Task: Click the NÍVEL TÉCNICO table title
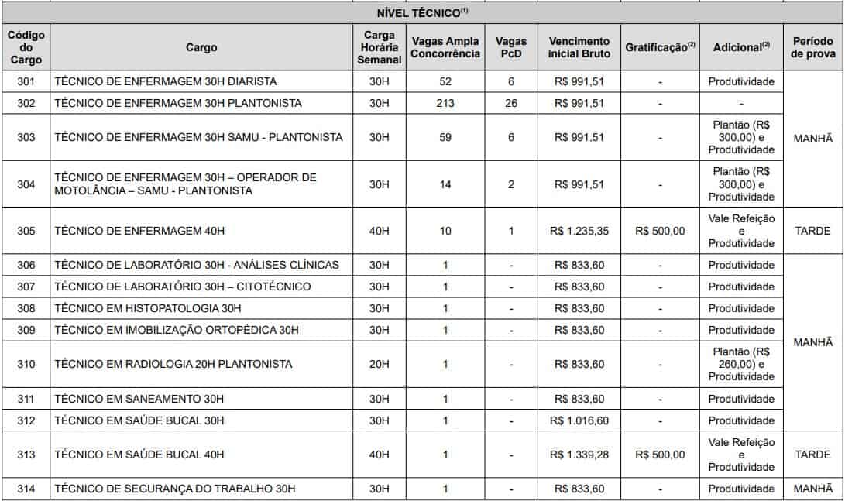[x=422, y=12]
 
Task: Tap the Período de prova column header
[x=813, y=47]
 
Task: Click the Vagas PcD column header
[x=511, y=47]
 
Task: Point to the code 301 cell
[x=26, y=81]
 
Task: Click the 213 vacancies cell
[x=445, y=103]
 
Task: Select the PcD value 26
[x=511, y=103]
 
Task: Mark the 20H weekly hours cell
[x=380, y=364]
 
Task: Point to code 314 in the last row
[x=26, y=489]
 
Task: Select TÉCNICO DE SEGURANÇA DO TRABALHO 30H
[x=175, y=489]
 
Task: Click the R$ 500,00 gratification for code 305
[x=660, y=231]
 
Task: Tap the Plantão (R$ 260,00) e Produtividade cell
[x=741, y=364]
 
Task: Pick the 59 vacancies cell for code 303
[x=445, y=137]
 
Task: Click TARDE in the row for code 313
[x=812, y=455]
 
